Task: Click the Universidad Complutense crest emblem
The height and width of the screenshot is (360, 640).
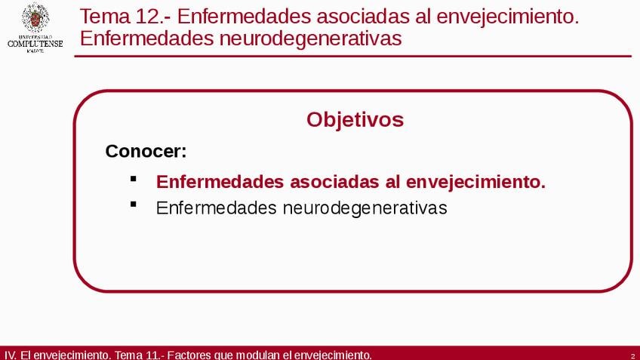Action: coord(35,18)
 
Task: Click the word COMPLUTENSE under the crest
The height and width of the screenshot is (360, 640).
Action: coord(35,44)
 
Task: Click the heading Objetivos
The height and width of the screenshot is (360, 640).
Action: coord(355,120)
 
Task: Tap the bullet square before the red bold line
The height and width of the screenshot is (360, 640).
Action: coord(133,178)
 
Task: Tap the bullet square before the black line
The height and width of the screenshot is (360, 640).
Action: coord(133,205)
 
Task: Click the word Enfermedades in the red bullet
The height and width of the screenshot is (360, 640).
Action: coord(220,182)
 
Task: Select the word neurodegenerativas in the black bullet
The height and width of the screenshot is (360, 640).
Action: coord(365,208)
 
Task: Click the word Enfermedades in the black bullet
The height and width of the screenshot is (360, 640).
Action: coord(217,208)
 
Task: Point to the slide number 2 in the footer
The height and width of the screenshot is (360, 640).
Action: coord(632,356)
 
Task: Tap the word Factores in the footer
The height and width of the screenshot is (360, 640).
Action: coord(189,355)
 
